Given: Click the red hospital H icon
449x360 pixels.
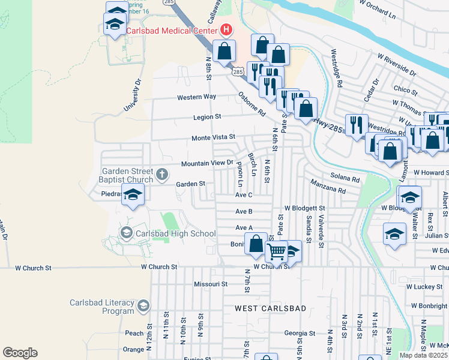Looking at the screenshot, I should [226, 29].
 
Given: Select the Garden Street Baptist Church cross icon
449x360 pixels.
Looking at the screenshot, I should [161, 175].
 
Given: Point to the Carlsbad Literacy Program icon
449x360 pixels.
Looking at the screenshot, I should [143, 307].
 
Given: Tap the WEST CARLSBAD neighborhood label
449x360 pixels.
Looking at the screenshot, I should [270, 308].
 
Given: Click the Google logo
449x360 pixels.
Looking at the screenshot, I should [20, 352].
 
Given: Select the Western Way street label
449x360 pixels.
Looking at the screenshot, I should [196, 97].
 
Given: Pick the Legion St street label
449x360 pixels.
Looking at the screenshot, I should [207, 117].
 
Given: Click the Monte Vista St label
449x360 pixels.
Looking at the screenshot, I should [213, 137].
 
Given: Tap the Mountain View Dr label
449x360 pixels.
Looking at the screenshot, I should [206, 163].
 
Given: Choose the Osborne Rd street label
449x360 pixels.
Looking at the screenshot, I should [251, 104].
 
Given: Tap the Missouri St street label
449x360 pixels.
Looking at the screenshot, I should [211, 284].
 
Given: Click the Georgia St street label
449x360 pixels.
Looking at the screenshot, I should [300, 333].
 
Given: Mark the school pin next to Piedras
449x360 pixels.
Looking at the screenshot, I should [133, 194].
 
